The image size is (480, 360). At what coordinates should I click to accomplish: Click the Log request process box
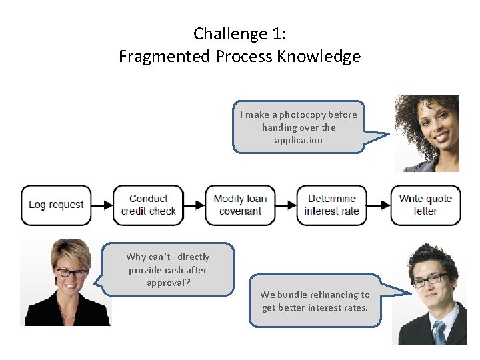(x=56, y=205)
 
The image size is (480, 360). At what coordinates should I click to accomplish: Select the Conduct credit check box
(x=148, y=205)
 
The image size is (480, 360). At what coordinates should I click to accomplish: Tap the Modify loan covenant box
(x=240, y=205)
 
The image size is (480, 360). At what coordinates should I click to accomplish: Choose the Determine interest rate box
(x=331, y=205)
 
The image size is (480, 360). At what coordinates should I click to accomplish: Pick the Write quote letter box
(x=425, y=205)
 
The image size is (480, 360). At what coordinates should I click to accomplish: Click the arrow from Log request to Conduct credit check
(x=102, y=205)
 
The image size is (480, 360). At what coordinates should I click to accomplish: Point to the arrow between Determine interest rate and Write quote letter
(x=379, y=205)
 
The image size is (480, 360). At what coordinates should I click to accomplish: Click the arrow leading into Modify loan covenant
(x=194, y=205)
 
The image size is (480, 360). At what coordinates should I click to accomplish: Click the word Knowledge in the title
(x=322, y=57)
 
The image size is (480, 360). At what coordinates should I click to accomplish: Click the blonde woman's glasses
(x=70, y=272)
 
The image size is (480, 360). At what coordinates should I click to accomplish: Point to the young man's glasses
(x=427, y=279)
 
